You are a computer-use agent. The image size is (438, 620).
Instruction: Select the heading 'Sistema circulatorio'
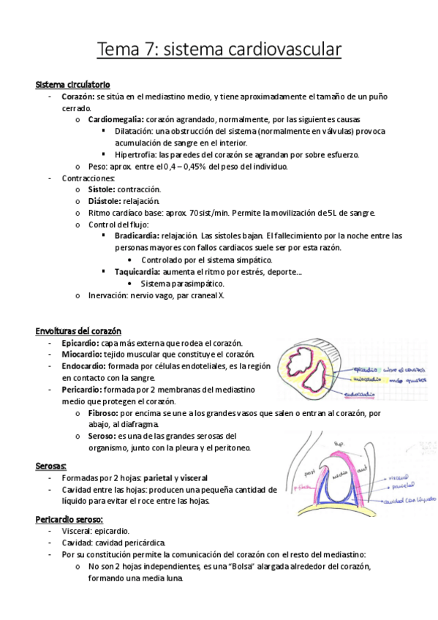[x=73, y=85]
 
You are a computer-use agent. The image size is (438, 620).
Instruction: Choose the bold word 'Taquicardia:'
[x=137, y=271]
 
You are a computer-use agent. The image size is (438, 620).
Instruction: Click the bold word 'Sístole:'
[x=101, y=189]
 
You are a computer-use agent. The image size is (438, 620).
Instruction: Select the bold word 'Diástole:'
[x=103, y=200]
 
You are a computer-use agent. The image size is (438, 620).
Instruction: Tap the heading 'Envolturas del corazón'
[x=78, y=330]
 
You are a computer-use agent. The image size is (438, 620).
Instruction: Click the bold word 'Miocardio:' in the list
[x=86, y=354]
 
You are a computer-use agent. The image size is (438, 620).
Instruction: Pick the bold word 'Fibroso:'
[x=105, y=412]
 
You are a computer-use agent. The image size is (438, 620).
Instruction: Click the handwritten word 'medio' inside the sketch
[x=338, y=473]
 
